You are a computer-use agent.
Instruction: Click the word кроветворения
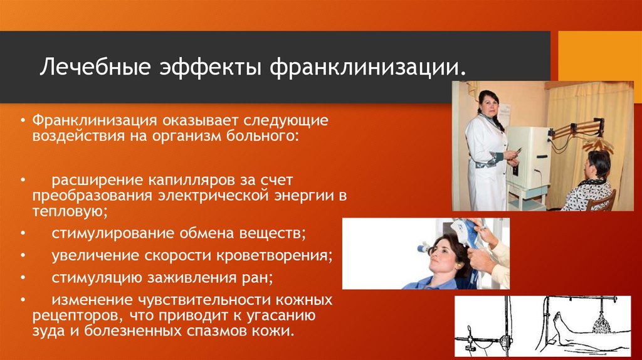point(278,255)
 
